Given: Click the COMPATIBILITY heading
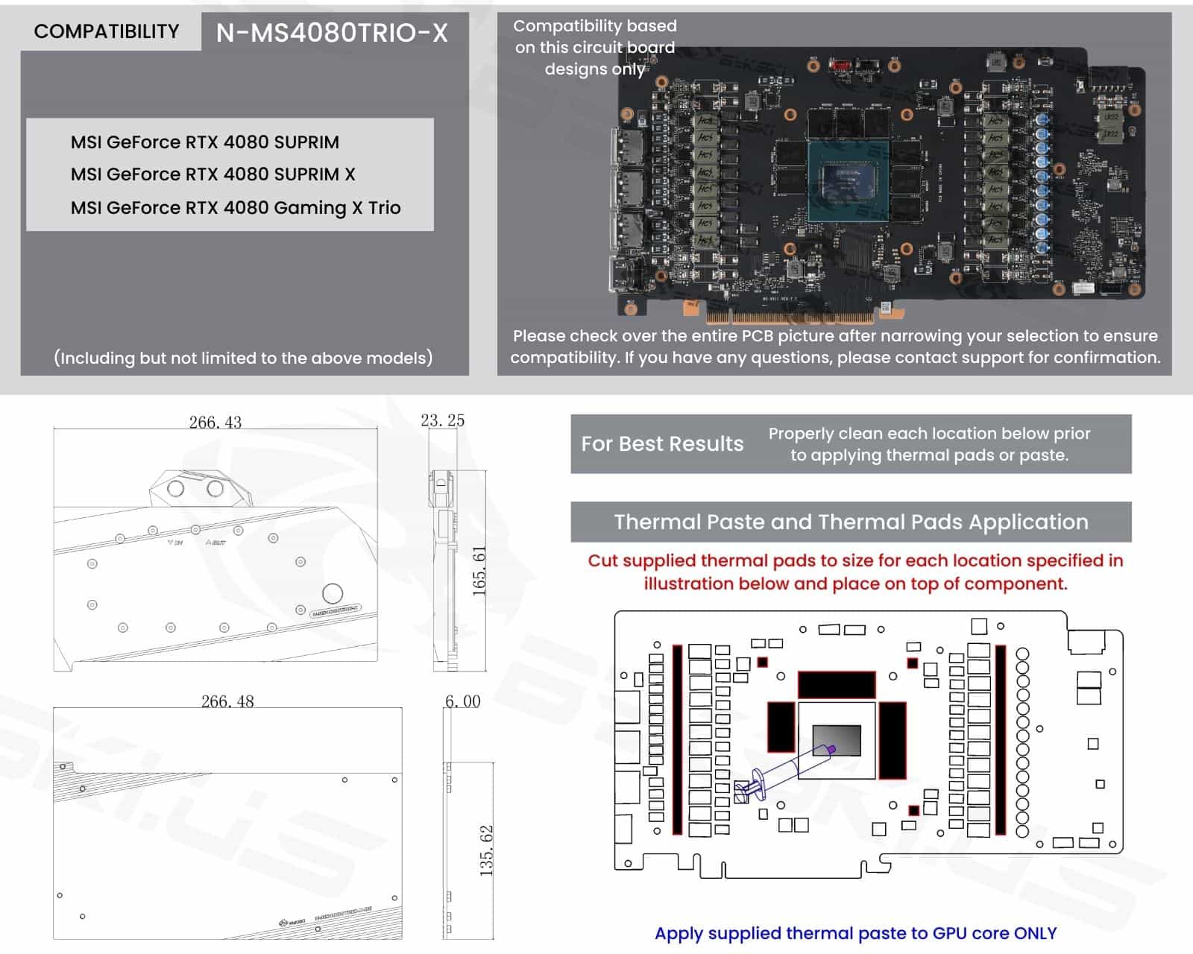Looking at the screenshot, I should tap(107, 31).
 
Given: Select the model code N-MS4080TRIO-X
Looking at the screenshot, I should tap(332, 33).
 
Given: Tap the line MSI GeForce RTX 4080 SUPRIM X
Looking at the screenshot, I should tap(213, 174).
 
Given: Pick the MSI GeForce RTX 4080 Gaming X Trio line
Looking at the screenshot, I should tap(236, 207).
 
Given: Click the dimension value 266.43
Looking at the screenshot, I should tap(215, 422).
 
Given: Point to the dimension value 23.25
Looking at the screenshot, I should tap(442, 420).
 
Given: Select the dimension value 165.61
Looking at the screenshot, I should tap(479, 570).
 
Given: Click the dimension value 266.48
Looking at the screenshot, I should tap(227, 701).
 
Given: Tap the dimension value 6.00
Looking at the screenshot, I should tap(462, 701).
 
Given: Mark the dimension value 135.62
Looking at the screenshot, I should tap(486, 850).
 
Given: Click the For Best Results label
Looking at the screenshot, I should tap(662, 444).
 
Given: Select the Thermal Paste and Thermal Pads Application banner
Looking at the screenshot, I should tap(851, 522).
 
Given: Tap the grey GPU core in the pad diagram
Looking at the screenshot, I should tap(837, 739).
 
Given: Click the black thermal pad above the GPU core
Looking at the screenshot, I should tap(836, 684).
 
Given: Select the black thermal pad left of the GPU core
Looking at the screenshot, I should tap(781, 727).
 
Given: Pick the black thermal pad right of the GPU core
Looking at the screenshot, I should tap(893, 740).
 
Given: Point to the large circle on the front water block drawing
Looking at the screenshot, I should tap(333, 593).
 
